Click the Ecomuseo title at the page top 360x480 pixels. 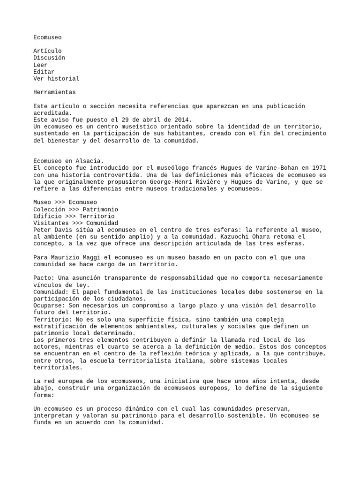pyautogui.click(x=47, y=37)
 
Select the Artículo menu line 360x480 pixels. pyautogui.click(x=47, y=51)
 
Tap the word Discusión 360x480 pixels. pyautogui.click(x=49, y=58)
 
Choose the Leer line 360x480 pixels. pyautogui.click(x=40, y=65)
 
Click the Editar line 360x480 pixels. pyautogui.click(x=44, y=72)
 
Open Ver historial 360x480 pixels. pyautogui.click(x=56, y=79)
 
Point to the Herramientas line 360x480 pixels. pyautogui.click(x=54, y=93)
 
